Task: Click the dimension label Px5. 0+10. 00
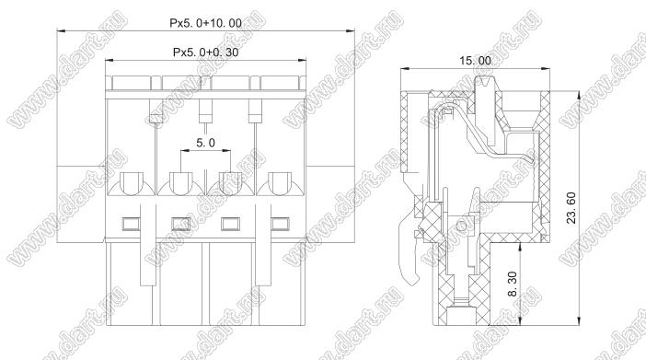[205, 23]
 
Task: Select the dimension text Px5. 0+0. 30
[205, 52]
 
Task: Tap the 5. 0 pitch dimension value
[205, 143]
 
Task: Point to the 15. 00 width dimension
[475, 61]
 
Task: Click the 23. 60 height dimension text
[571, 208]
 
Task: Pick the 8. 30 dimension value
[512, 285]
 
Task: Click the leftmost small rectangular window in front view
[131, 224]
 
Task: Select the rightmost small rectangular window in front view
[280, 224]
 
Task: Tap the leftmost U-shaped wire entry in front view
[131, 183]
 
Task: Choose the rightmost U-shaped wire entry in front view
[280, 183]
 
